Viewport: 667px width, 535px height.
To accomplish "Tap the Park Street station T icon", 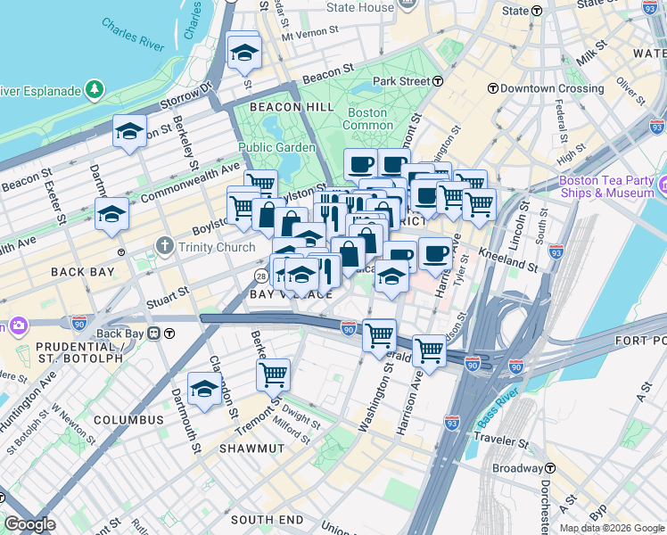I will [x=439, y=81].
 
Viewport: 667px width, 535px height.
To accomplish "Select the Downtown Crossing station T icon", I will [x=492, y=89].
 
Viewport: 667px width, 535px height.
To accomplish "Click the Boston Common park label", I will [x=366, y=119].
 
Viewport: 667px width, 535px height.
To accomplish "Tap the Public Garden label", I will [x=276, y=147].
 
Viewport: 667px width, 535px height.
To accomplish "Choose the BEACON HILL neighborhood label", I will [x=279, y=107].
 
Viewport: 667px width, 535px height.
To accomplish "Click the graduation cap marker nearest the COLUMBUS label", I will [x=204, y=390].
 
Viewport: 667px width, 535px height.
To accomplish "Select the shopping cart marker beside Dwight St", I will [x=273, y=375].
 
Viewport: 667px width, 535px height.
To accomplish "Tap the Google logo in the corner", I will [x=29, y=524].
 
